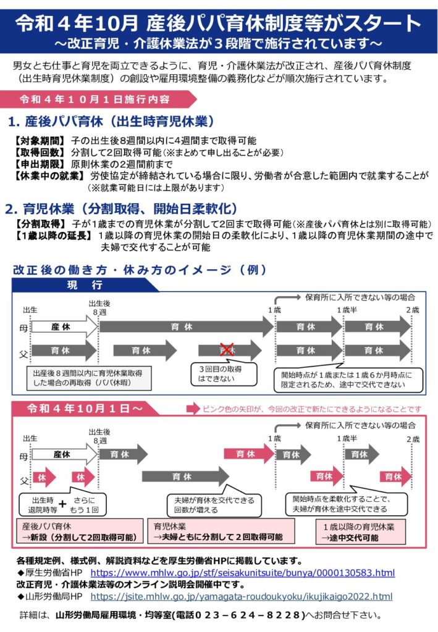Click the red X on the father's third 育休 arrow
[x=227, y=349]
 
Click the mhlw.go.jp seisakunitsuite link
[x=242, y=573]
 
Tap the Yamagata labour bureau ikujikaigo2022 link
[x=241, y=597]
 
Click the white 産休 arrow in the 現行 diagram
[x=64, y=327]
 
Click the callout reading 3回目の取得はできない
[x=223, y=373]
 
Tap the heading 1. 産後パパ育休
[x=111, y=122]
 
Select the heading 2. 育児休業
[x=121, y=209]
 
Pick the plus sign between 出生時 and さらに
[x=62, y=504]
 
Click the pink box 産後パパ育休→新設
[x=80, y=531]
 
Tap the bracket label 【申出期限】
[x=39, y=164]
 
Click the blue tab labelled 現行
[x=85, y=285]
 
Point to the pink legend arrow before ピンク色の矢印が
[x=193, y=409]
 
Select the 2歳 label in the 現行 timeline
[x=413, y=310]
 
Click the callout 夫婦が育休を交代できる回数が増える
[x=214, y=505]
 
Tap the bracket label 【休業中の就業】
[x=49, y=176]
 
